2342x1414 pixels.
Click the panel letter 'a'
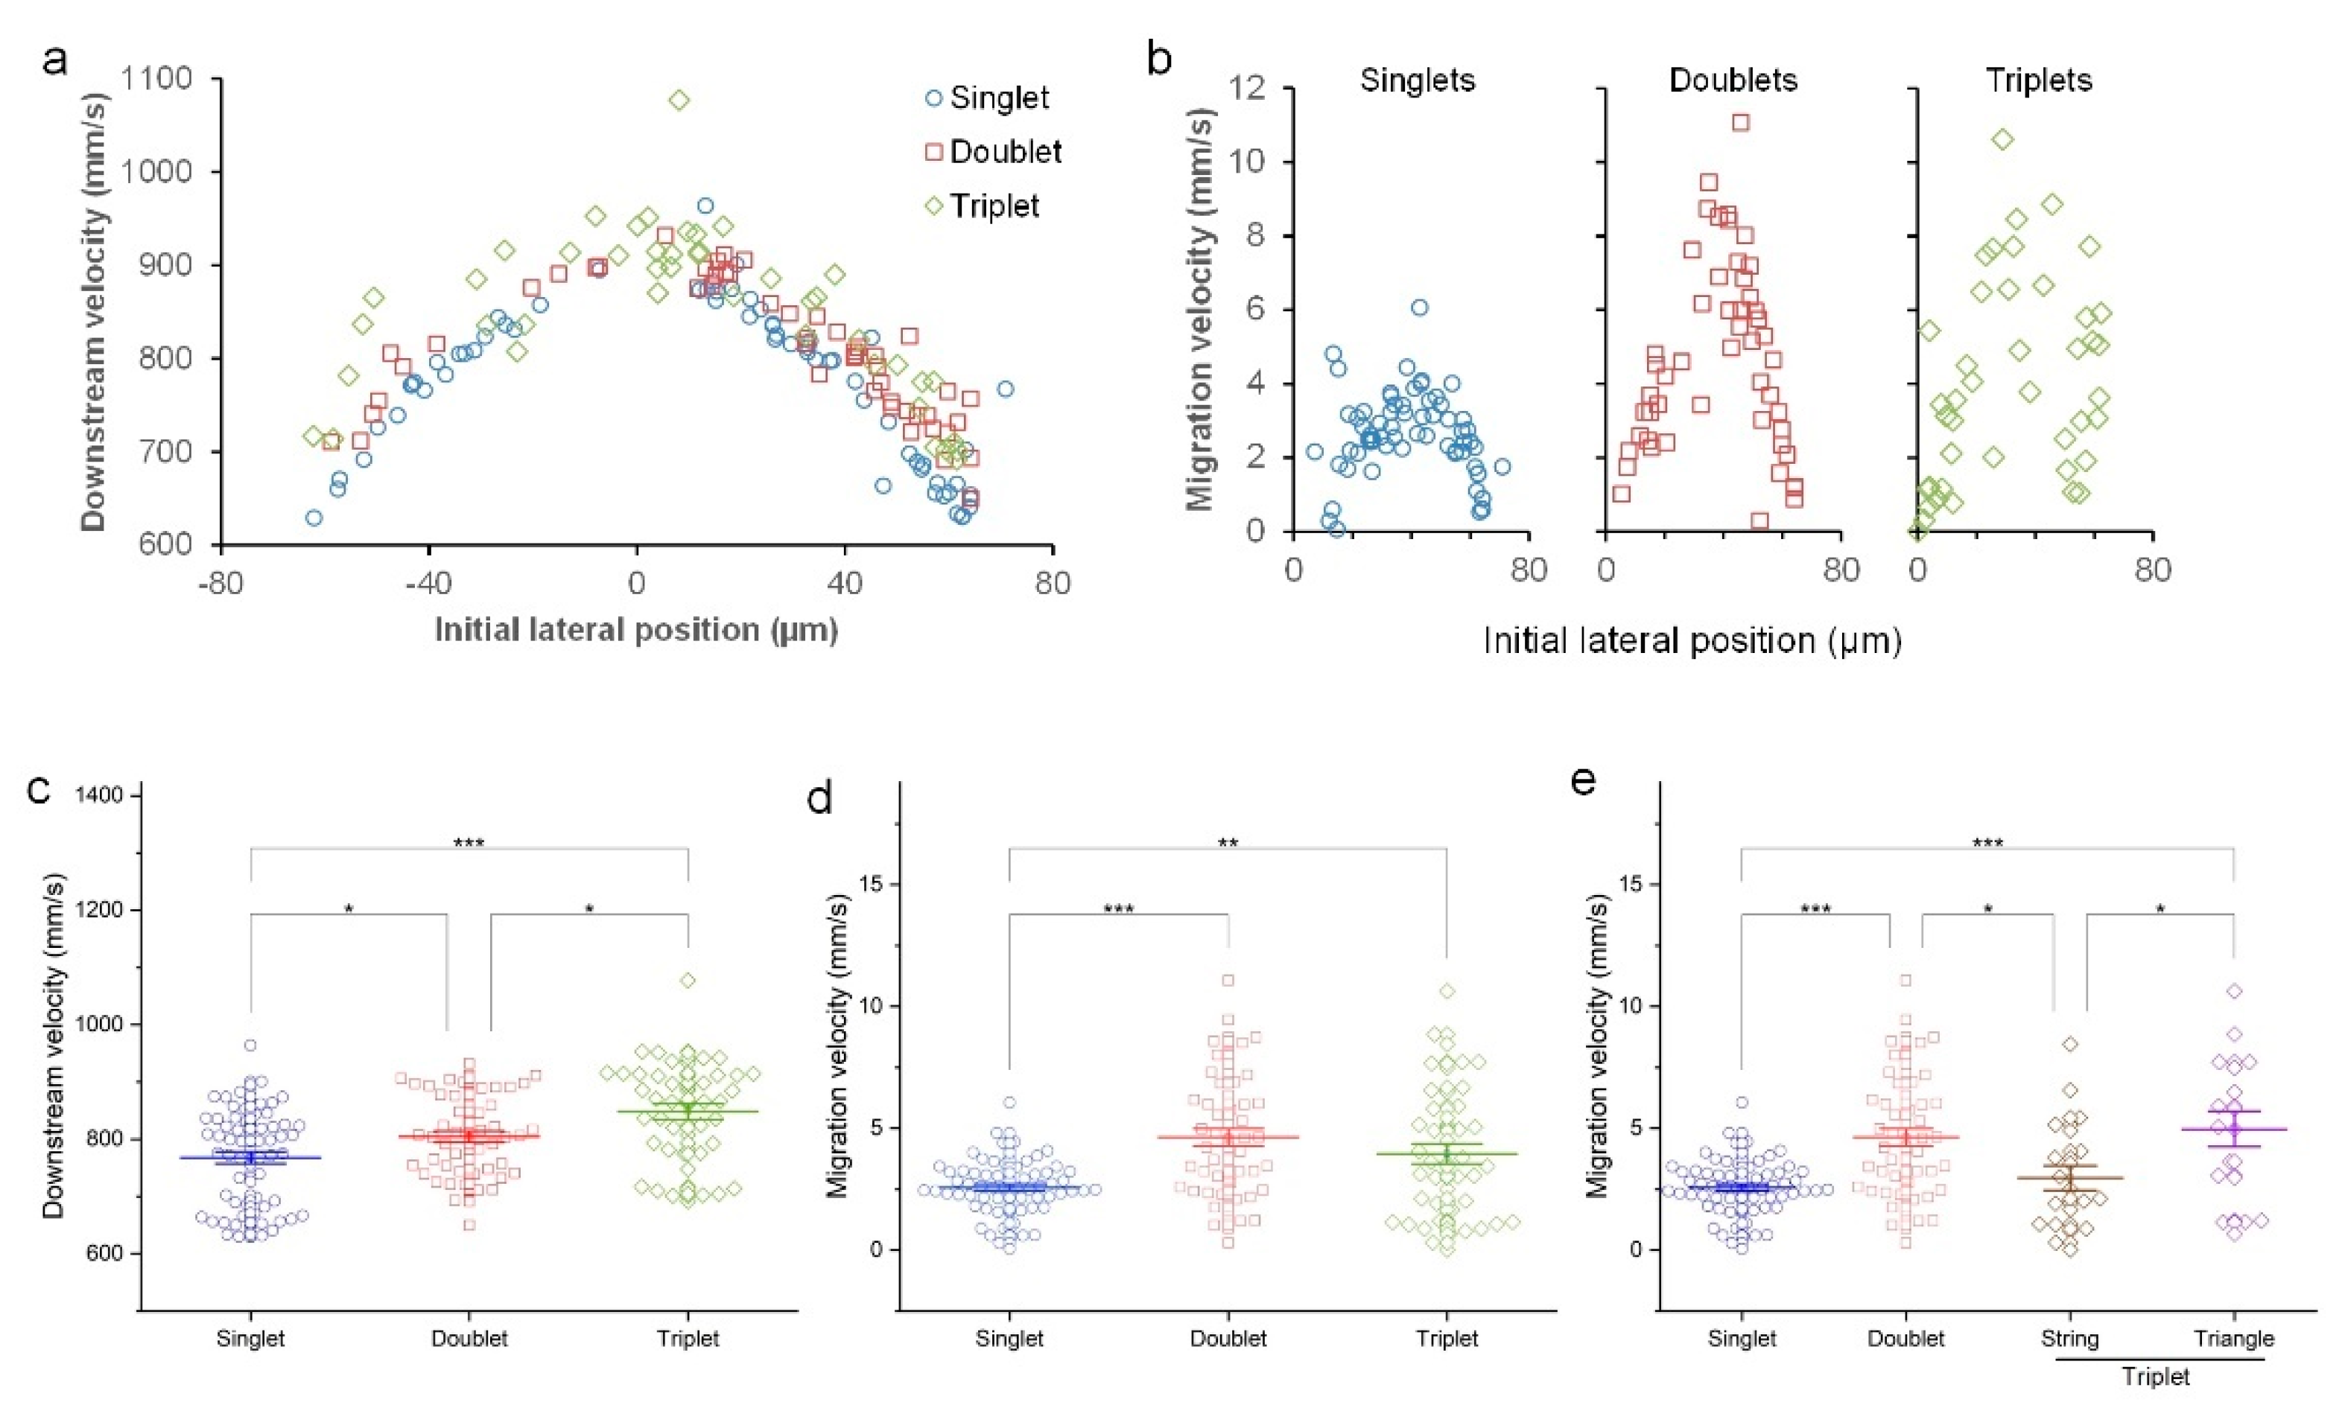tap(56, 60)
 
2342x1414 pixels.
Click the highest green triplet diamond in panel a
tap(679, 100)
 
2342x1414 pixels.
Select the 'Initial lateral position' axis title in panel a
tap(636, 630)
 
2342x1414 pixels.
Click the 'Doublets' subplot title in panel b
tap(1733, 80)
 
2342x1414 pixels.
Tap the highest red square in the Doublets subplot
tap(1740, 123)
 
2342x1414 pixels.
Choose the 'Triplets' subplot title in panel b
tap(2039, 80)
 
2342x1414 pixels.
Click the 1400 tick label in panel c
tap(99, 794)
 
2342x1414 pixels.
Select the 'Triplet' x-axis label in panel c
tap(688, 1339)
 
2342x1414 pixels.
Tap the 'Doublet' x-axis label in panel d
tap(1228, 1339)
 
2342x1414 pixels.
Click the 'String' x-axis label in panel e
tap(2069, 1339)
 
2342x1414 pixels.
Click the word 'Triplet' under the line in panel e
tap(2156, 1377)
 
